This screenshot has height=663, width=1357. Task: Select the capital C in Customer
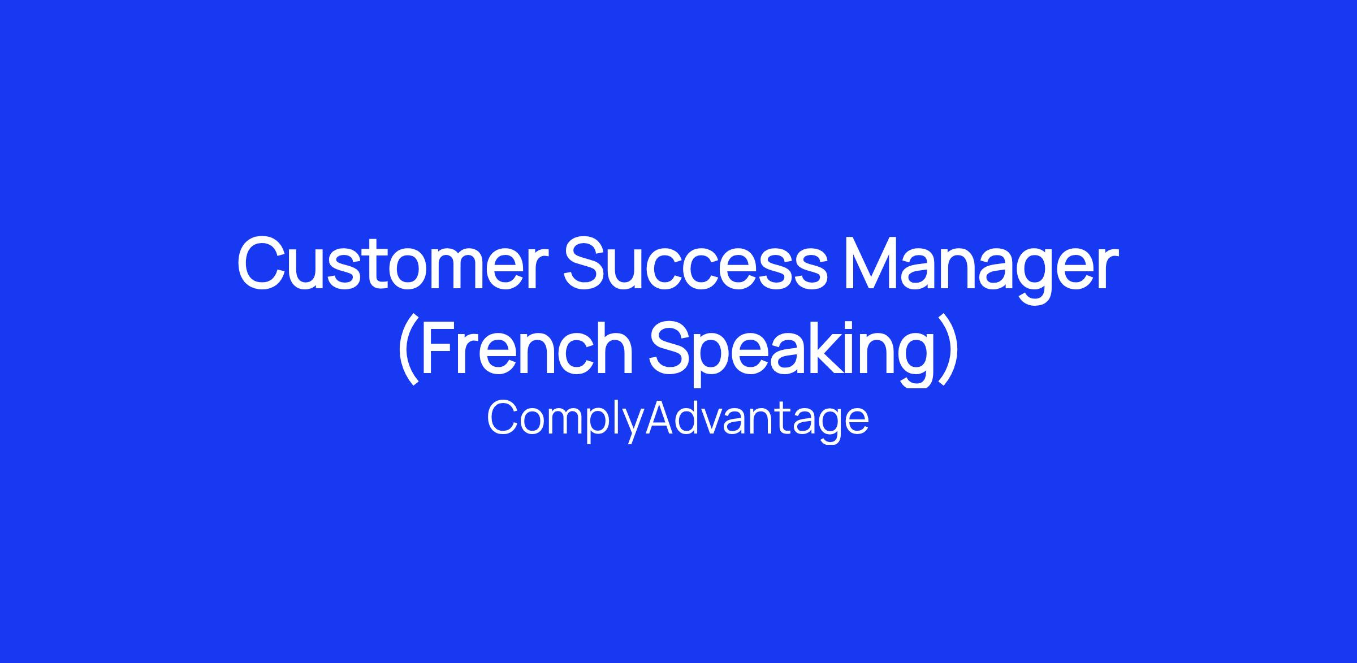(x=262, y=264)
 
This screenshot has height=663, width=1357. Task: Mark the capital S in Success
(x=587, y=264)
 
